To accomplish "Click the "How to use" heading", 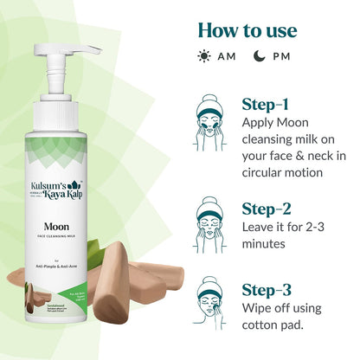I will [x=247, y=30].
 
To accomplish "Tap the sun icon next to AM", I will [x=204, y=57].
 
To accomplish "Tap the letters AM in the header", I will [x=226, y=57].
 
